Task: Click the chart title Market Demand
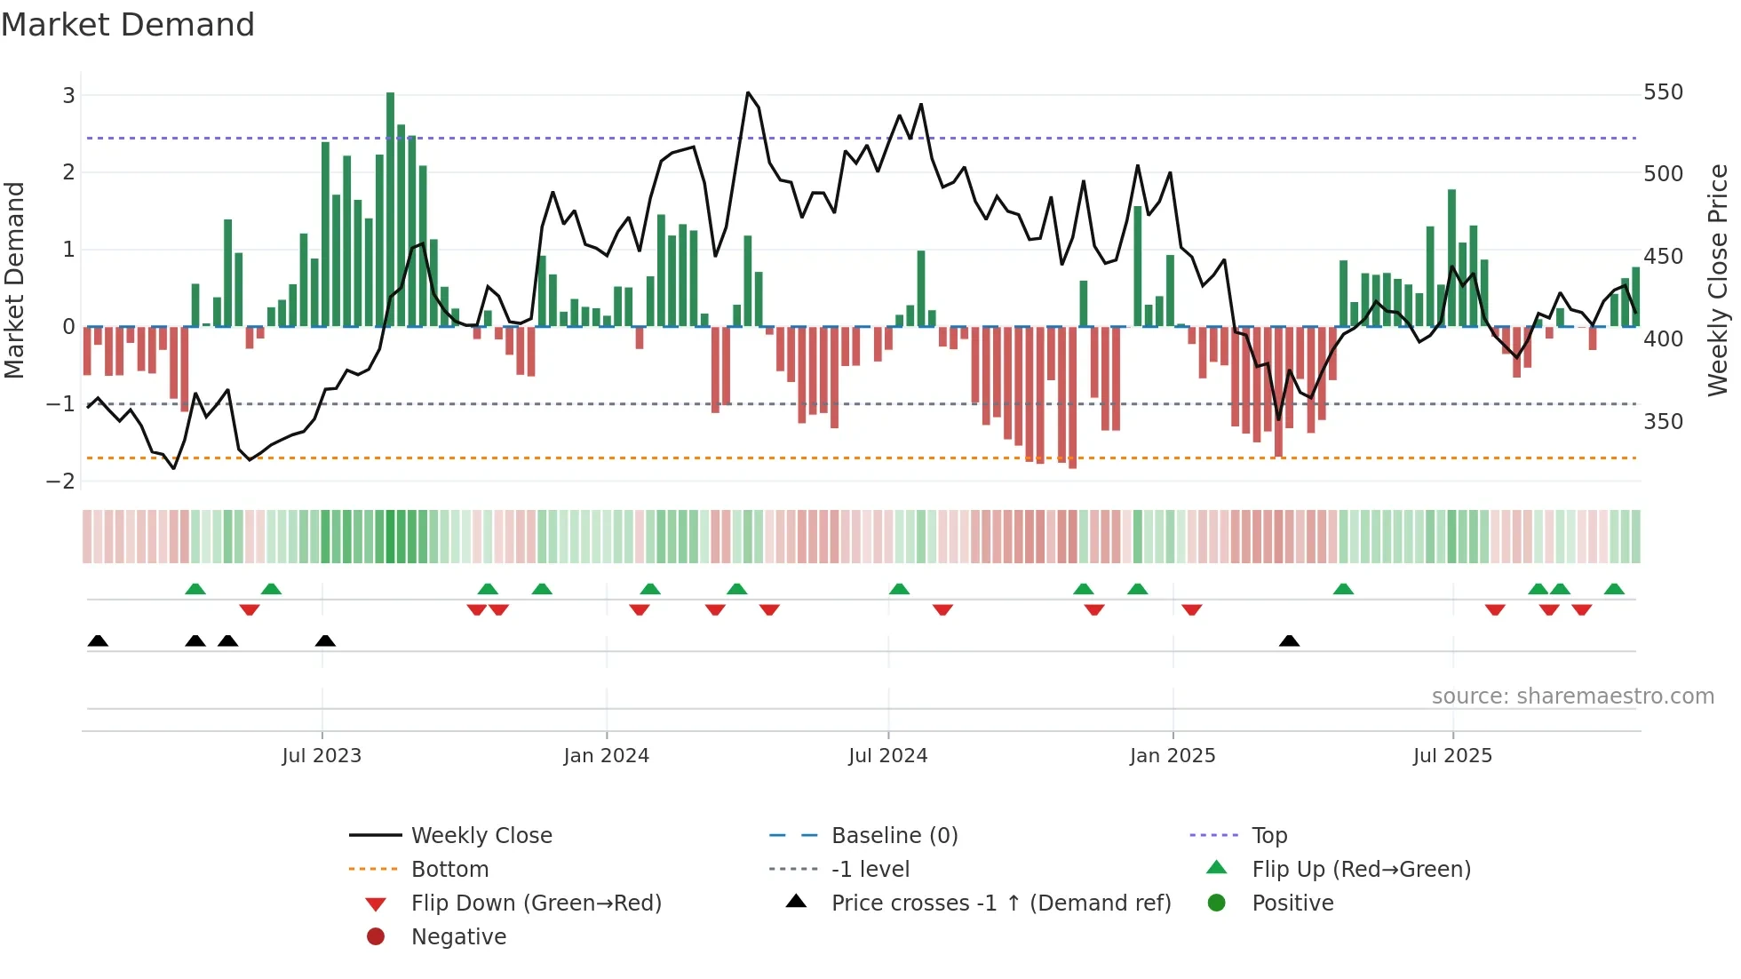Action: pos(128,25)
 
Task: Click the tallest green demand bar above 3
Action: pos(390,209)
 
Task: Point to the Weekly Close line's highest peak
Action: pos(748,92)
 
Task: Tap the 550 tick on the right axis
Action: pos(1663,92)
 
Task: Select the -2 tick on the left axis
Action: pos(61,481)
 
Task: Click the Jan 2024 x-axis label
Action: pos(606,755)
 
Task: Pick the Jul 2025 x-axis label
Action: pos(1452,755)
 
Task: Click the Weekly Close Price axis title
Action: pos(1718,280)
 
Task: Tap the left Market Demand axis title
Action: pos(14,280)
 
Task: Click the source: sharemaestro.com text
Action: pos(1572,696)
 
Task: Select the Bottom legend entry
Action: pos(449,869)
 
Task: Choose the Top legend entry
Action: pos(1269,835)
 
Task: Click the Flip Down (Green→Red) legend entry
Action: pos(536,903)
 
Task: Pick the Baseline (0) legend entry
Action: pos(894,835)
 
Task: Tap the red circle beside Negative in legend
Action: pos(376,936)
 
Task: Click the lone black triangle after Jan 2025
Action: pos(1289,641)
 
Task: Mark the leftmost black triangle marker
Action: pos(98,641)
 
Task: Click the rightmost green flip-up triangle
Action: pos(1614,589)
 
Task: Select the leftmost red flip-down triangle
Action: pos(250,609)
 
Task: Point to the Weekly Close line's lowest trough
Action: pos(173,467)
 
